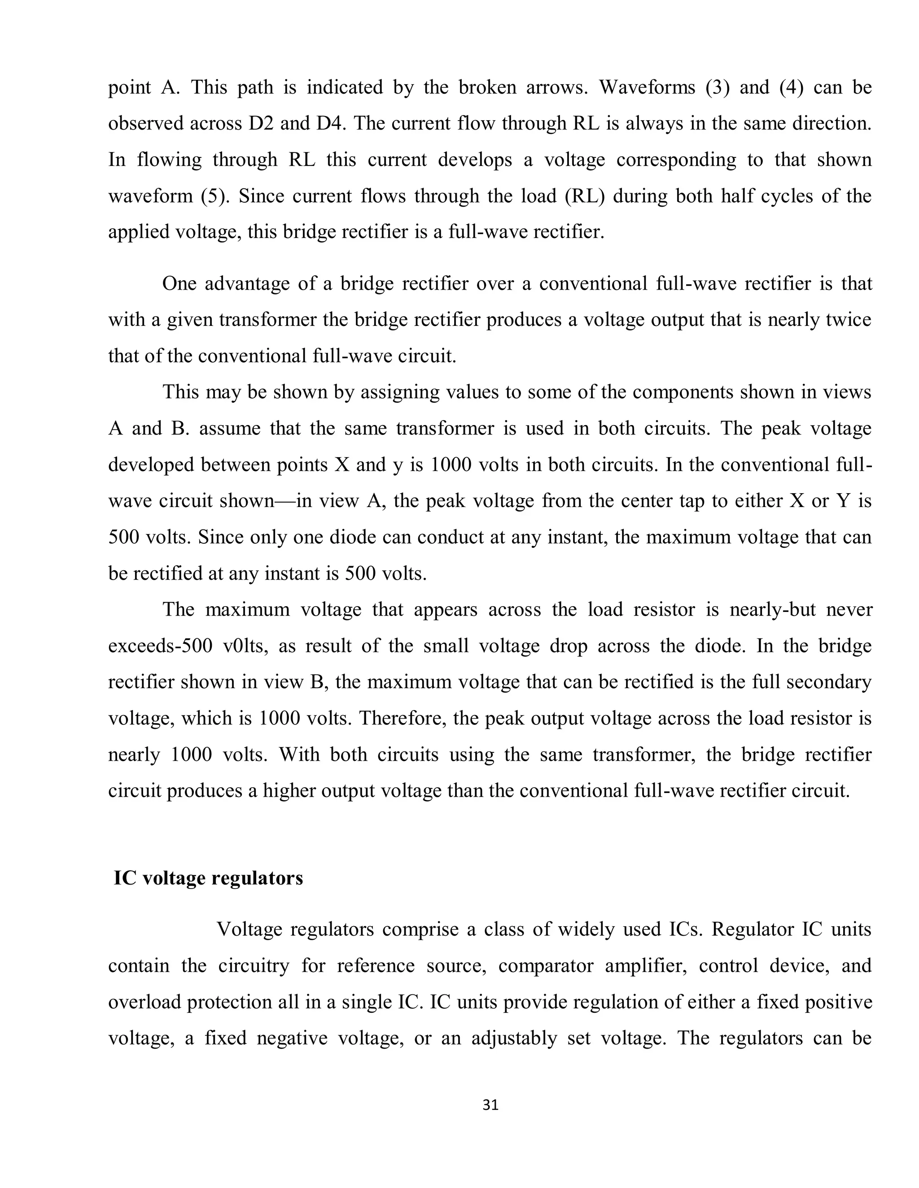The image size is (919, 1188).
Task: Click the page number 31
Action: point(490,1105)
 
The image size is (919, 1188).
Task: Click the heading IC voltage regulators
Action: point(208,878)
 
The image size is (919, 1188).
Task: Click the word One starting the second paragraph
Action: point(179,283)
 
